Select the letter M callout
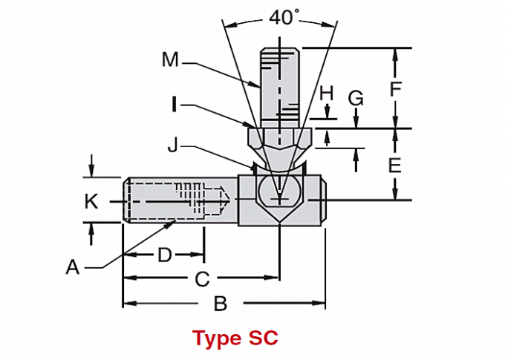[171, 59]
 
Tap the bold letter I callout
[174, 105]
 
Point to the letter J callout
[172, 145]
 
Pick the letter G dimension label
[356, 97]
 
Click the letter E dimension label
[395, 164]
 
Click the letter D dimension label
[164, 255]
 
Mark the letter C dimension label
[201, 279]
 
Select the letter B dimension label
[220, 303]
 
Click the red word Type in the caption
[216, 338]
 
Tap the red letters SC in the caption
[262, 338]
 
